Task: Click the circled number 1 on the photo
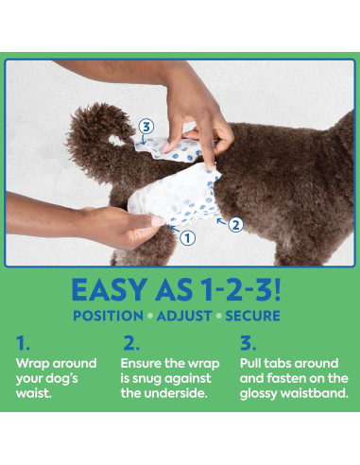tap(187, 237)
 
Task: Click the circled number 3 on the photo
tap(146, 126)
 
